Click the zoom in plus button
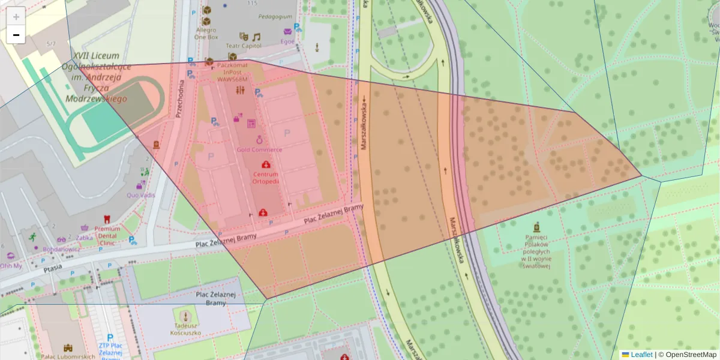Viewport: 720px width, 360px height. coord(16,17)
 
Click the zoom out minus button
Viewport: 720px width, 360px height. coord(16,35)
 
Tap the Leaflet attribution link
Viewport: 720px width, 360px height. coord(641,355)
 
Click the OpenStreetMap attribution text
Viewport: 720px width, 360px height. coord(690,355)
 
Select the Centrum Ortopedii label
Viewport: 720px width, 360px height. coord(265,178)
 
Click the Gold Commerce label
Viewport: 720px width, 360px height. coord(259,149)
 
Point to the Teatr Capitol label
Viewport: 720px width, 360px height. coord(244,46)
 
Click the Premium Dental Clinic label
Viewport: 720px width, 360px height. coord(107,236)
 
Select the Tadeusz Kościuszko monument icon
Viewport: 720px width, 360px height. coord(185,315)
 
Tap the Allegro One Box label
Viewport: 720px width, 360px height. coord(206,33)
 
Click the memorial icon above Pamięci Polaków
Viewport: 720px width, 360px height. coord(536,227)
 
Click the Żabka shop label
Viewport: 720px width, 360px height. coord(85,237)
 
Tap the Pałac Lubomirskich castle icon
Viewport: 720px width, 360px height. coord(67,347)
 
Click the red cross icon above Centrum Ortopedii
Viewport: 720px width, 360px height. coord(265,164)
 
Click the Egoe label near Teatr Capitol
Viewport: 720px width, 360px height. coord(287,41)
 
